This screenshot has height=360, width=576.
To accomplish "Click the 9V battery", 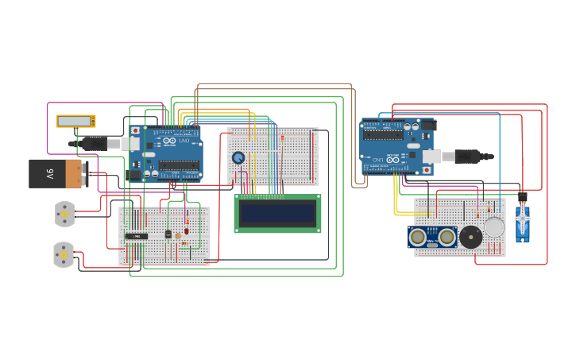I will point(56,173).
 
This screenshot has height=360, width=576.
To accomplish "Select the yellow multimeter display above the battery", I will point(75,122).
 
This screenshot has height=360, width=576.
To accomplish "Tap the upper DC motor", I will point(64,214).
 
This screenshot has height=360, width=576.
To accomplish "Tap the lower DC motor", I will point(64,254).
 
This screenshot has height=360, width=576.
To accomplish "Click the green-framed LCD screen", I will point(277,213).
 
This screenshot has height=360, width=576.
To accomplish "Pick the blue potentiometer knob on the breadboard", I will point(238,157).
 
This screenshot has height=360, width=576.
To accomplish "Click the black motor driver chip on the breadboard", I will point(137,236).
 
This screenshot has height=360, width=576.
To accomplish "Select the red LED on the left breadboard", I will point(187,231).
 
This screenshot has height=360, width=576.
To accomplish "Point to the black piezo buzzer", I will point(470,237).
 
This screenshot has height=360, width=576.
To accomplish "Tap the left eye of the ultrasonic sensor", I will point(419,237).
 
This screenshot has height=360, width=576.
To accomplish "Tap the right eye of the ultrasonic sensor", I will point(446,237).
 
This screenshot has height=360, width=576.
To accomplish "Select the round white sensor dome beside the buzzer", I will point(494,228).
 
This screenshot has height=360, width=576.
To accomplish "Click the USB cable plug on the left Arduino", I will point(99,143).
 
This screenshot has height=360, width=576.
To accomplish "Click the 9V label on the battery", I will point(49,172).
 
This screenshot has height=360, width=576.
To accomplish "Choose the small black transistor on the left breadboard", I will point(168,234).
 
